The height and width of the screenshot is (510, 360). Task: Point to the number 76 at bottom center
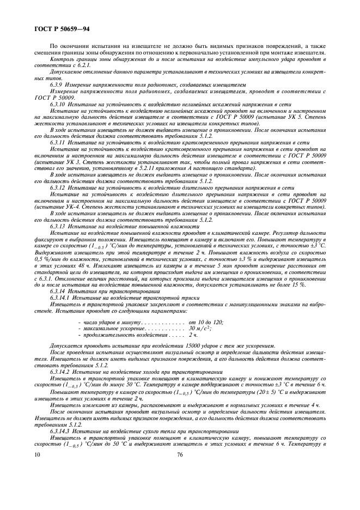(x=180, y=453)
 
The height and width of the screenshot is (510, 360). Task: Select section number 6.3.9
(x=56, y=86)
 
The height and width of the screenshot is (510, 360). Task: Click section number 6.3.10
(x=57, y=103)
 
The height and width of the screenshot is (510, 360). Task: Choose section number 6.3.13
(x=57, y=225)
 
